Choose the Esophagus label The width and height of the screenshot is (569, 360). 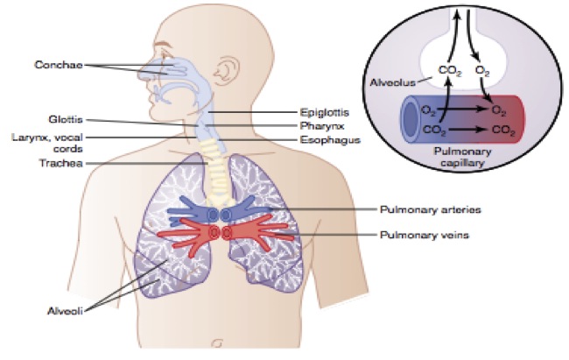click(x=331, y=139)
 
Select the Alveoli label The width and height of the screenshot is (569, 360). click(x=60, y=310)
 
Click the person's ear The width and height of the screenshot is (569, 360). click(x=230, y=73)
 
